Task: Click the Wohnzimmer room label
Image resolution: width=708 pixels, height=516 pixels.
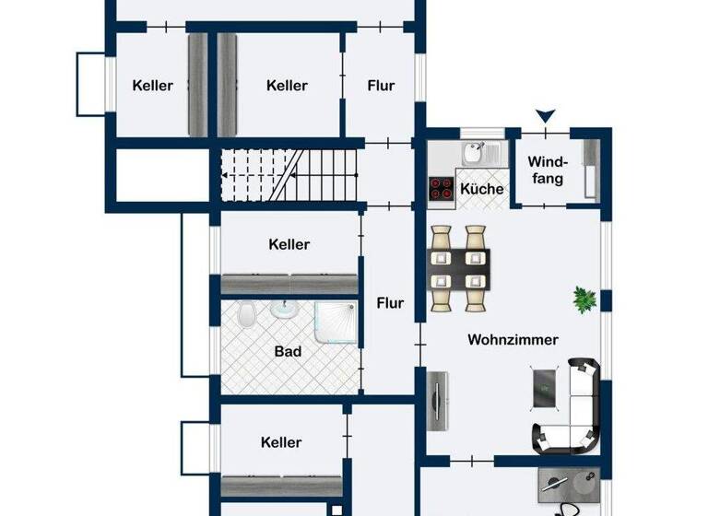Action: [x=513, y=340]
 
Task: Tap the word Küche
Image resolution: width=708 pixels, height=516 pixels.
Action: [x=482, y=189]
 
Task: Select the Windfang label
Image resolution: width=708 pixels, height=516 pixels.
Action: [x=547, y=170]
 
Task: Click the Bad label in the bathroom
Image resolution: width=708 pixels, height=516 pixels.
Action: [x=288, y=351]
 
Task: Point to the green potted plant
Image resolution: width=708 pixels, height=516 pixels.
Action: [x=584, y=298]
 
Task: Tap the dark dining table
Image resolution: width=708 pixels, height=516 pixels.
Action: [x=459, y=267]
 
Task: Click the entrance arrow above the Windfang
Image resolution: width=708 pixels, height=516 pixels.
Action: [x=547, y=116]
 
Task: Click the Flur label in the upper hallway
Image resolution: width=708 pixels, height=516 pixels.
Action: [x=381, y=86]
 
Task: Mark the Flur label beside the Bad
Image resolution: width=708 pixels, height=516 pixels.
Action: [x=391, y=302]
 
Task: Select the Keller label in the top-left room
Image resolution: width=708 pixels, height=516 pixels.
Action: [x=153, y=86]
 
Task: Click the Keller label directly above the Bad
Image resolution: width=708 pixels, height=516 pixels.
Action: [x=289, y=244]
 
